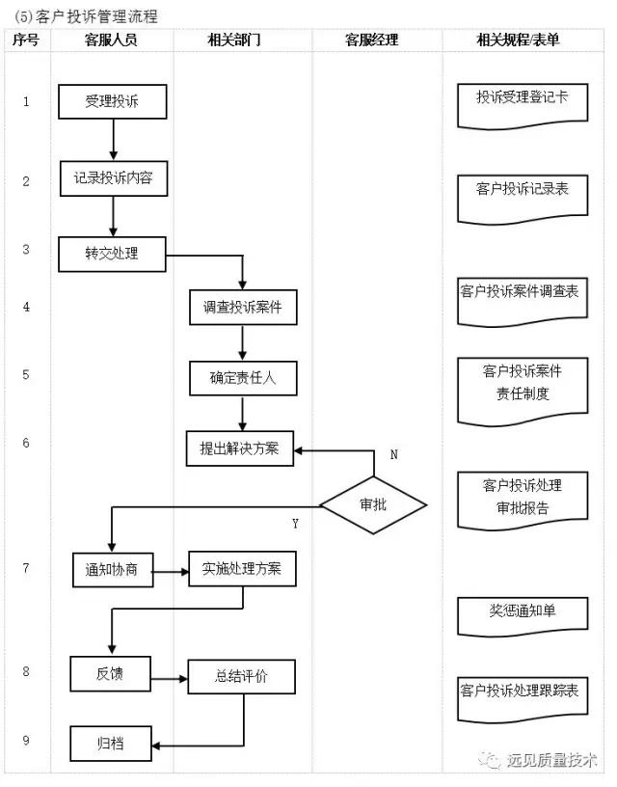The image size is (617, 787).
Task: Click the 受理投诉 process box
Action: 113,101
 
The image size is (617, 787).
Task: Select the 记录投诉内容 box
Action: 113,177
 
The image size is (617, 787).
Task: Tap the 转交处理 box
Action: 113,254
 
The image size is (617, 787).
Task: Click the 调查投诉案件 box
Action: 242,308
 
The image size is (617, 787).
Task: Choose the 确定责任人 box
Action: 242,378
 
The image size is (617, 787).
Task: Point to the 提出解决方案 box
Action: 240,448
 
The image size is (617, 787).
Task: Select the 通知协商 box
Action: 113,570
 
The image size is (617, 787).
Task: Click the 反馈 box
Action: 110,673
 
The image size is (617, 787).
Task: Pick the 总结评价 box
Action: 242,677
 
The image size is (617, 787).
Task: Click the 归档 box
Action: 110,745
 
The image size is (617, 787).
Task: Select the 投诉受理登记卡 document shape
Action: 522,100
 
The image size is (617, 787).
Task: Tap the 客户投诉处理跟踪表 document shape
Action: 522,692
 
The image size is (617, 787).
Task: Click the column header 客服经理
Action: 372,41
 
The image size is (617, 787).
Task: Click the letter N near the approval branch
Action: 393,454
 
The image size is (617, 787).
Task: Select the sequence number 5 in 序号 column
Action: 26,375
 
